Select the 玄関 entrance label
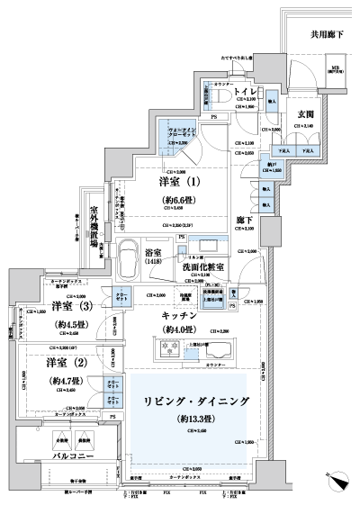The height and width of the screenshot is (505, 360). click(304, 113)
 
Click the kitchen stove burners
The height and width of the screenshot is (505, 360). click(168, 347)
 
